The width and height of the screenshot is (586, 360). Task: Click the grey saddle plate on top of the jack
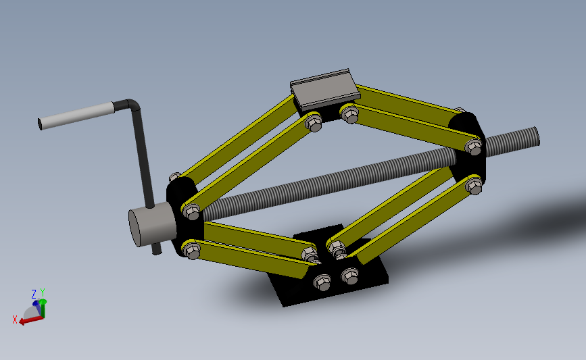click(323, 88)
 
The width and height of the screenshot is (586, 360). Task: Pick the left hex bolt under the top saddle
click(314, 124)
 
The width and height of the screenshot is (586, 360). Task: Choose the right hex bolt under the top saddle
click(349, 114)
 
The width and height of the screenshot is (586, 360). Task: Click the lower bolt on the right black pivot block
click(475, 186)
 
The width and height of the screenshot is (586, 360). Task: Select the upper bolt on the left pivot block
click(191, 213)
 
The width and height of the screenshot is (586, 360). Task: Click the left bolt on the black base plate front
click(323, 282)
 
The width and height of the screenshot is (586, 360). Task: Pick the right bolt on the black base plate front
click(349, 275)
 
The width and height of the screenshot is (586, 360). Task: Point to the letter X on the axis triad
click(15, 319)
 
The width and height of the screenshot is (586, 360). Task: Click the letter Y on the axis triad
click(42, 292)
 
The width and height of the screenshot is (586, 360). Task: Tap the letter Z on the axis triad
click(34, 294)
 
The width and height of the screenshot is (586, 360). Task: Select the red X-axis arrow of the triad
click(28, 319)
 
